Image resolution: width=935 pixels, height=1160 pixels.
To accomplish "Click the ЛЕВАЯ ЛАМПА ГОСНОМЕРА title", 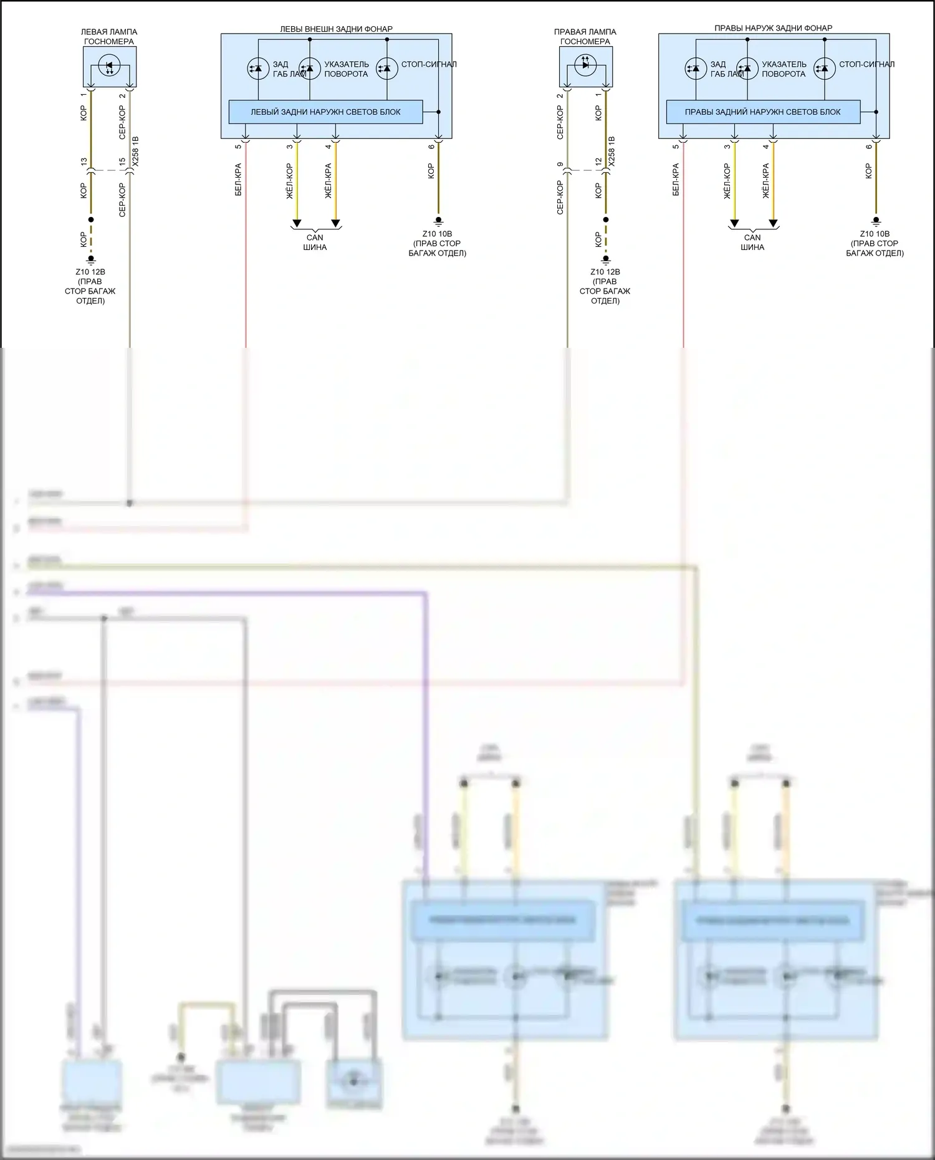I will click(109, 37).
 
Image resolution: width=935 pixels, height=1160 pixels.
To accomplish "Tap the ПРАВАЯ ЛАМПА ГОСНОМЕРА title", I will click(585, 37).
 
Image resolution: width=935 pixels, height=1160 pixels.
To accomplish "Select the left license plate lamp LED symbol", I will click(110, 65).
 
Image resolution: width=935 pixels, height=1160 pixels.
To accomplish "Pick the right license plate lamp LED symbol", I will click(585, 64).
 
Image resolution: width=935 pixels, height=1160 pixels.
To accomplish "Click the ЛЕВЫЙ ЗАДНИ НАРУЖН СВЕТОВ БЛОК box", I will click(325, 112).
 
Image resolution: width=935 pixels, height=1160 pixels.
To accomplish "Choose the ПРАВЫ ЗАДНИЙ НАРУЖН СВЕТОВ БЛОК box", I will click(762, 112).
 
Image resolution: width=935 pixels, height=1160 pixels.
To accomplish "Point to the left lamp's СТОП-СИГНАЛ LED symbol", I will click(386, 69).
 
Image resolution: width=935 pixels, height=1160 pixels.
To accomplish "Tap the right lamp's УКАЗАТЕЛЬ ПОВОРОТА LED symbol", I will click(747, 69).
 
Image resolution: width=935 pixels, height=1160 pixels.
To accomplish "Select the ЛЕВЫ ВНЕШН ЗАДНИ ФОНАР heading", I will click(336, 29).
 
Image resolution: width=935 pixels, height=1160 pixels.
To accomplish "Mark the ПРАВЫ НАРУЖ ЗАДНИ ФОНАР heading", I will click(773, 28).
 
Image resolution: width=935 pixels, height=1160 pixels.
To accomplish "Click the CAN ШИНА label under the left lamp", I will click(315, 242).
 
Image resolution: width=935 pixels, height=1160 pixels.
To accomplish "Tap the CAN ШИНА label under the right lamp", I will click(752, 242).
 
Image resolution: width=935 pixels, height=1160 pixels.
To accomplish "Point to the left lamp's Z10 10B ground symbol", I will click(438, 221).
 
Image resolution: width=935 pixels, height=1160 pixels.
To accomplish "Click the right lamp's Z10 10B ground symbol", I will click(876, 221).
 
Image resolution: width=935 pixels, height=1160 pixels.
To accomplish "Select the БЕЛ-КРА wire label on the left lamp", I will click(238, 180).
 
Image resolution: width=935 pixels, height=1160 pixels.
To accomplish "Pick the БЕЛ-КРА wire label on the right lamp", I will click(676, 180).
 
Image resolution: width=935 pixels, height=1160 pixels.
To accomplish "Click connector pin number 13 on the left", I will click(84, 162).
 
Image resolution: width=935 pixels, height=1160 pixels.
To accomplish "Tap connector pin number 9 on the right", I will click(560, 165).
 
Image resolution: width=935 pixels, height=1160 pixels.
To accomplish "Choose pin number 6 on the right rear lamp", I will click(868, 147).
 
